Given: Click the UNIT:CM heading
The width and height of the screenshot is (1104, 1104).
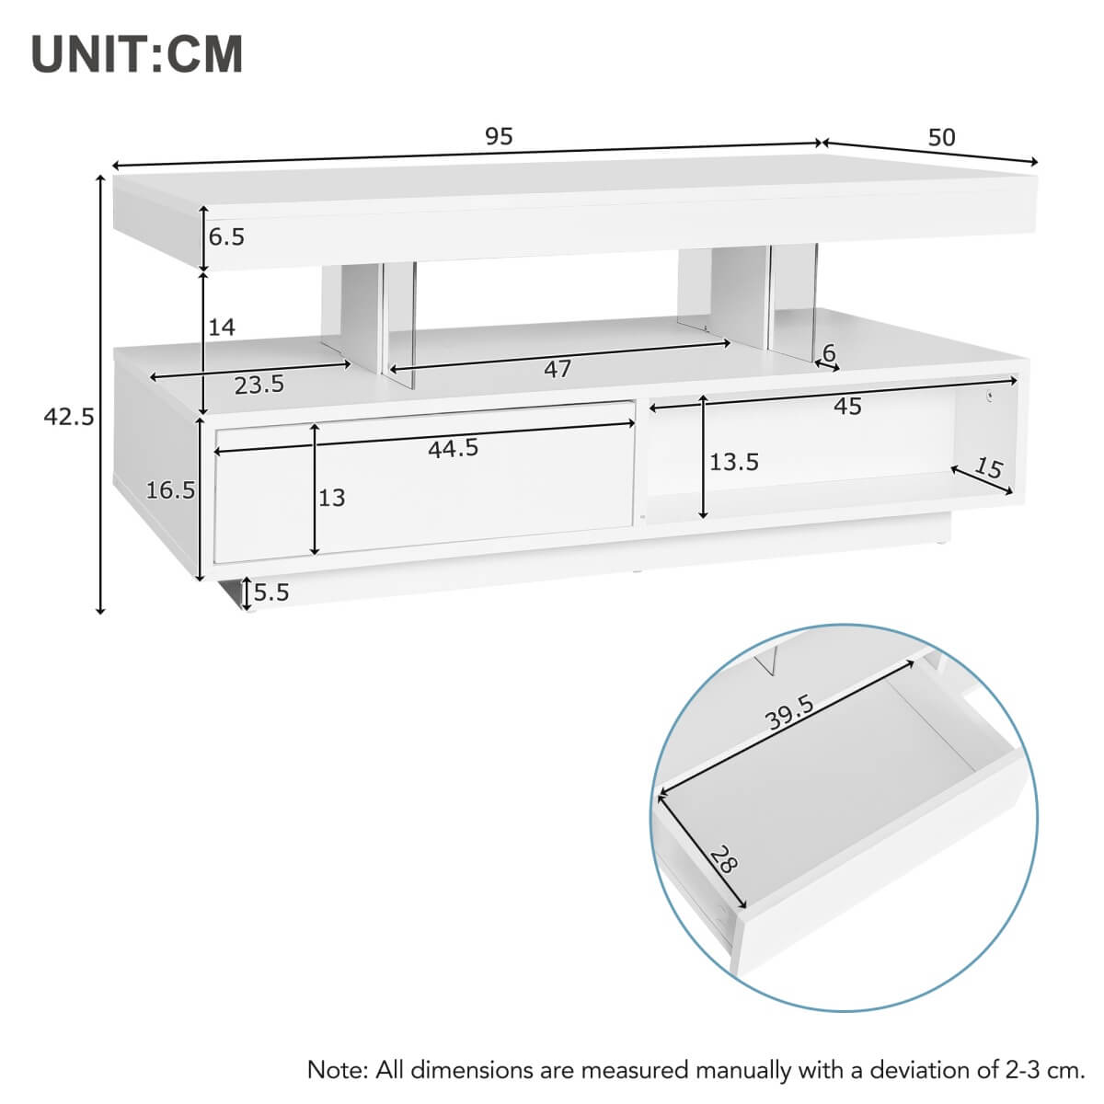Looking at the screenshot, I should [137, 54].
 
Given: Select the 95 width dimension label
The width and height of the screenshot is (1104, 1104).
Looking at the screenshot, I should [499, 137].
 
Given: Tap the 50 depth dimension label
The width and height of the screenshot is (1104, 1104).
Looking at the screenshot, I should [941, 138].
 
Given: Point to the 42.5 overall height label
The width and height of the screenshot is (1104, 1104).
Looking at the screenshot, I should [69, 417].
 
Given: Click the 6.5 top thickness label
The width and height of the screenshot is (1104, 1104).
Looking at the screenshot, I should [226, 237].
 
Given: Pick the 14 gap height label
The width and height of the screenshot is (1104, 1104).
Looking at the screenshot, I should [222, 327].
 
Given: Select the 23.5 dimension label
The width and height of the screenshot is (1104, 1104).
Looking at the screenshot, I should [259, 385].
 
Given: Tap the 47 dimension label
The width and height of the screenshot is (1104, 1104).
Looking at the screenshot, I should [558, 369].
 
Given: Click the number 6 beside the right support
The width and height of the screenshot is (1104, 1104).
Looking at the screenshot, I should [828, 352].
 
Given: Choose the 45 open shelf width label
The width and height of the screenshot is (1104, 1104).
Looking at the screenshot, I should [847, 406].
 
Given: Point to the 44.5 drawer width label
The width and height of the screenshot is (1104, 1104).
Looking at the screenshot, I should [453, 448].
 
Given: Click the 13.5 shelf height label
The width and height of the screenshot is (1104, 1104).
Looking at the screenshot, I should [733, 462].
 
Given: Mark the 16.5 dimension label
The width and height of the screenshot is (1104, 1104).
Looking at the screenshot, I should [170, 490].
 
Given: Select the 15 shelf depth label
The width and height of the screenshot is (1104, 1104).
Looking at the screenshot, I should [987, 468].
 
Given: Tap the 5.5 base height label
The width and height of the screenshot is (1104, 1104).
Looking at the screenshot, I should [271, 592].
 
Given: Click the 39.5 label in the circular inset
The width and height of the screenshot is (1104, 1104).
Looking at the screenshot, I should [790, 714].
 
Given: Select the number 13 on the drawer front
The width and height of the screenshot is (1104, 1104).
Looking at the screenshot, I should [331, 498].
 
